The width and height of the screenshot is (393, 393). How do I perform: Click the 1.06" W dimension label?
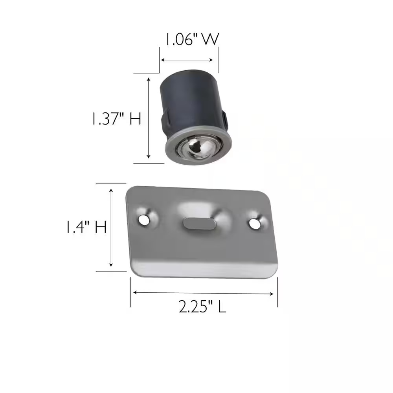point(191,40)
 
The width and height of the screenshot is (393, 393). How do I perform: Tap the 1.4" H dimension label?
point(86,228)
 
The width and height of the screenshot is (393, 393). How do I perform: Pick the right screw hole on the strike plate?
point(255,224)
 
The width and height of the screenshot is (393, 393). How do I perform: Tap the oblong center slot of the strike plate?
point(199,223)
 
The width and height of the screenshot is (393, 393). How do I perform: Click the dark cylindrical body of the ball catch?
point(189,102)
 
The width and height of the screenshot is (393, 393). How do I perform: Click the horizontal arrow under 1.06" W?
point(187,60)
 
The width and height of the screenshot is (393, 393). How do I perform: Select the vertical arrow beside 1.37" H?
point(149,118)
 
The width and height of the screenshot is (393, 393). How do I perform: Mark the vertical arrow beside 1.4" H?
point(112,228)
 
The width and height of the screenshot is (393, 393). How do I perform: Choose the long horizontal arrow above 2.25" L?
point(204,293)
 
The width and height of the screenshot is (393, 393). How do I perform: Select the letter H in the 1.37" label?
point(135,119)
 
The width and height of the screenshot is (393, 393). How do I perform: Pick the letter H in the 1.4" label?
point(100,228)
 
